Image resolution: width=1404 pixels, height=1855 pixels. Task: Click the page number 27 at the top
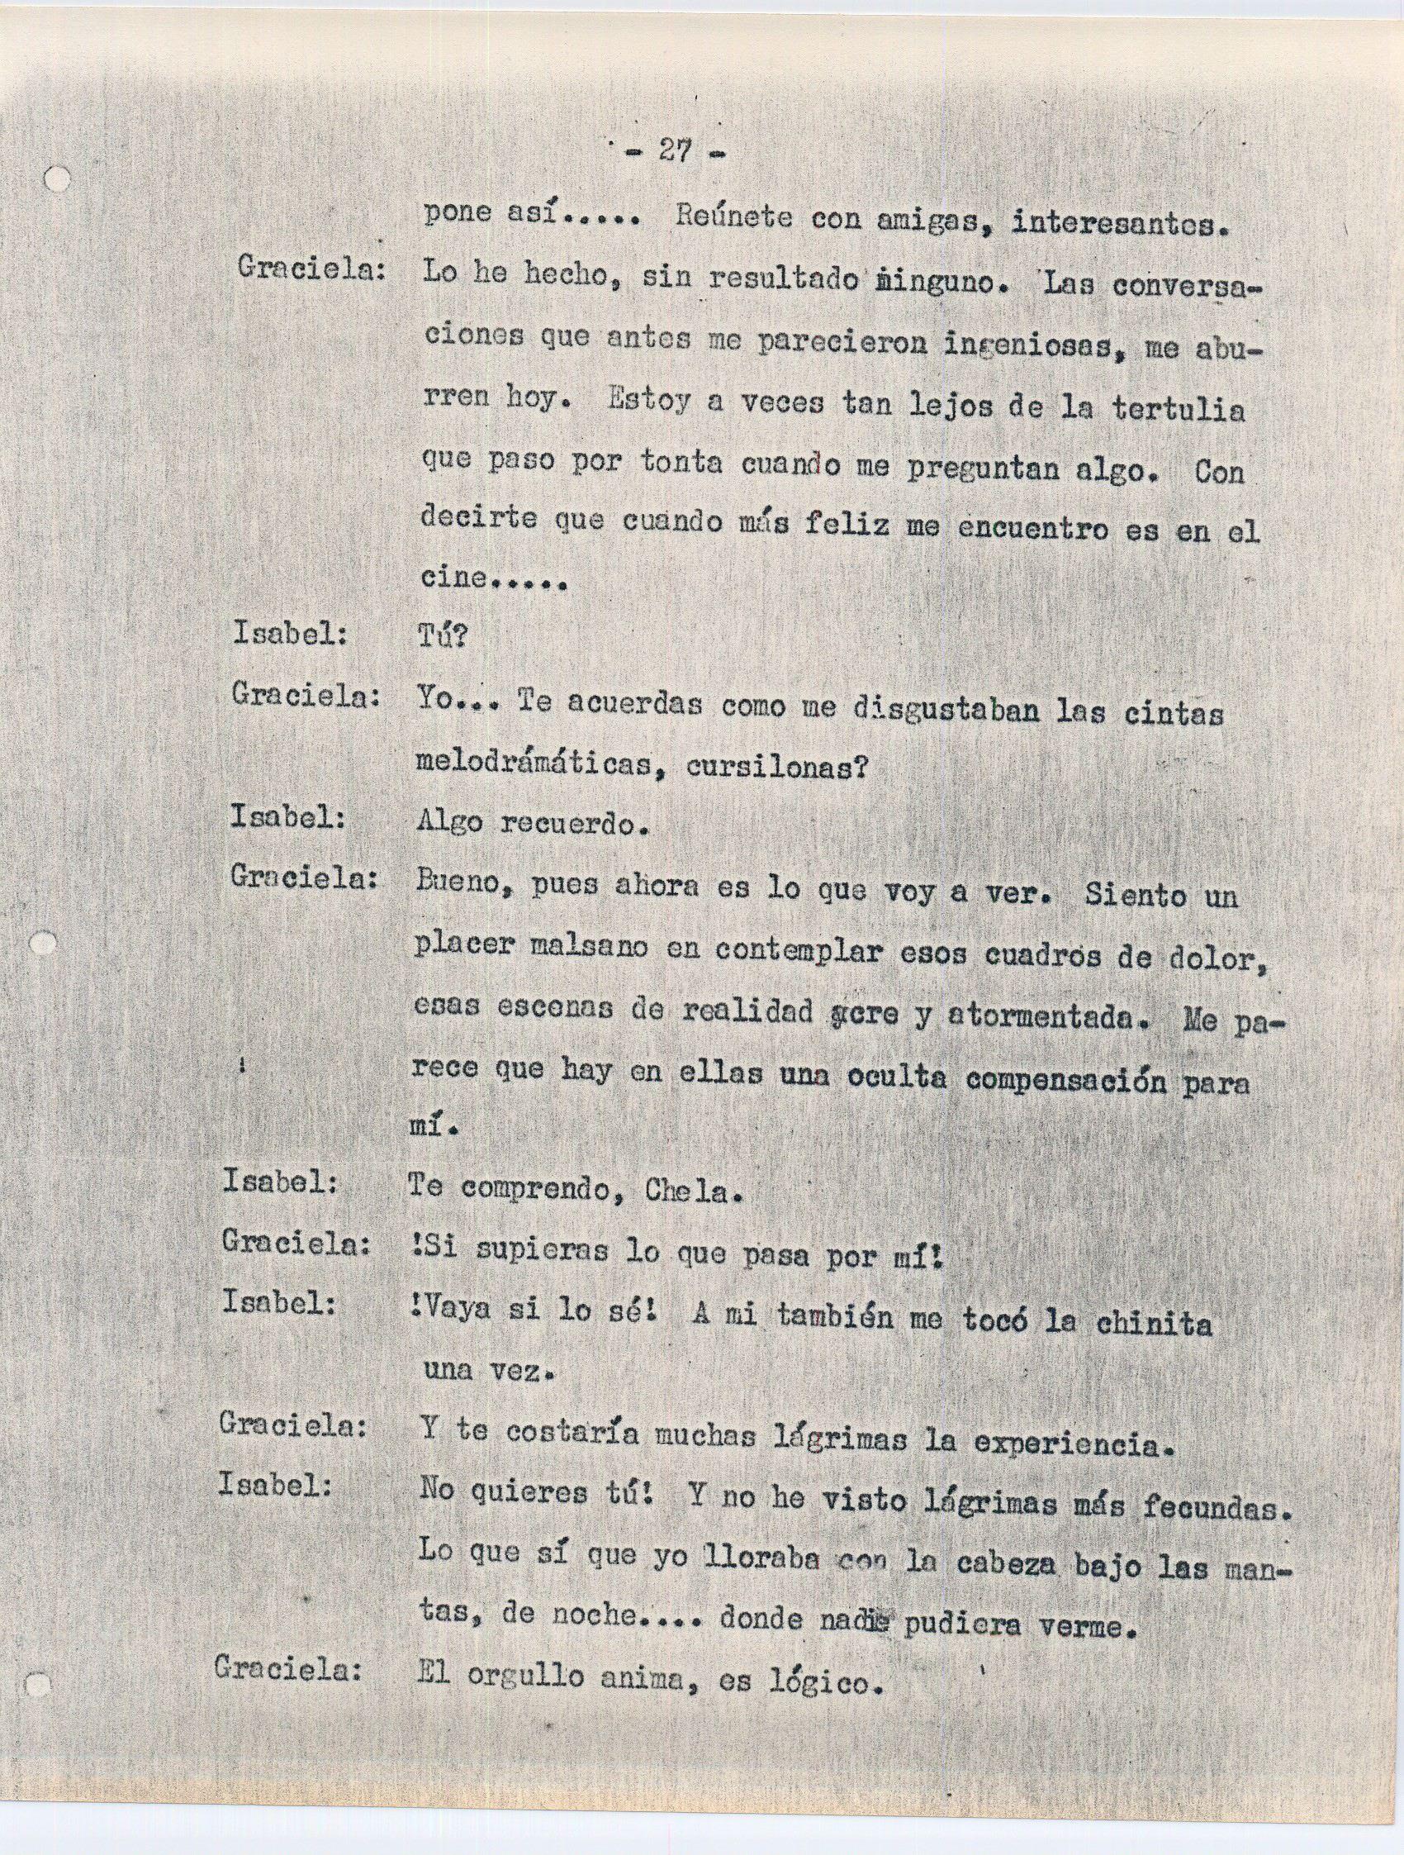point(674,153)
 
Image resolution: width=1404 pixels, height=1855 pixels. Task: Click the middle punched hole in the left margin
point(44,944)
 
